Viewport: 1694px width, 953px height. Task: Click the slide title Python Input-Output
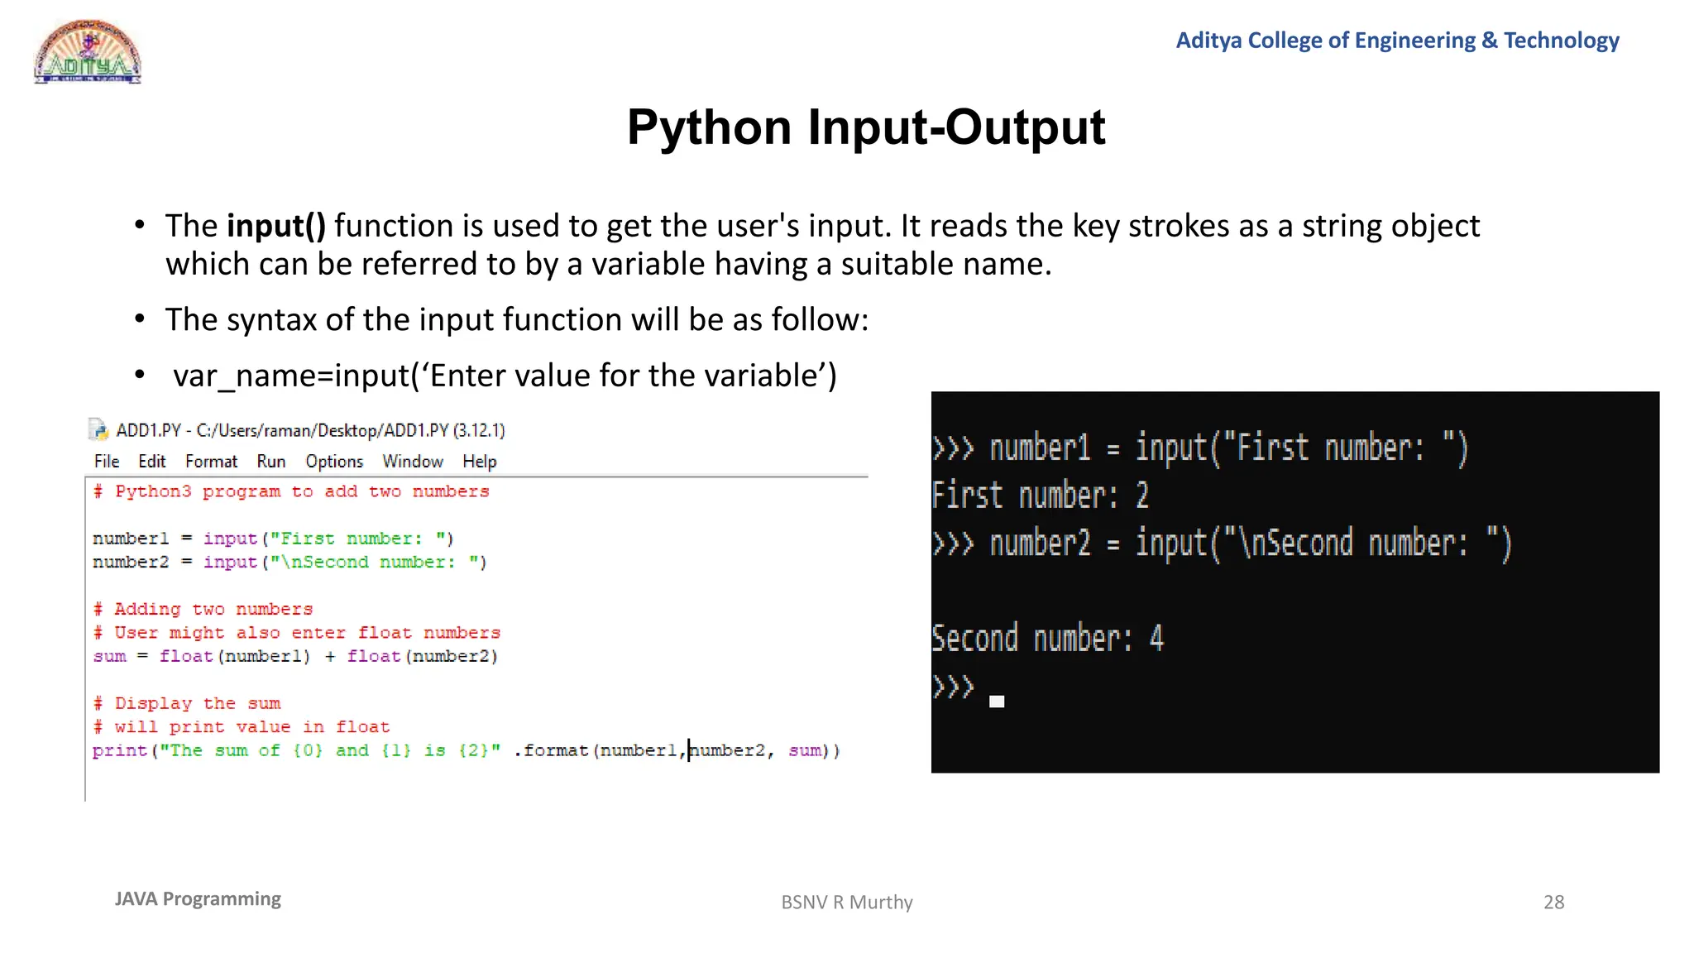(x=865, y=127)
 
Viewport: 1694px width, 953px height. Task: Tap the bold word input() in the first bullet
(x=276, y=226)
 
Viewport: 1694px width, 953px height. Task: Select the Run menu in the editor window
(x=270, y=462)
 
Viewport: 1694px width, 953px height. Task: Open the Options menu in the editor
(x=334, y=462)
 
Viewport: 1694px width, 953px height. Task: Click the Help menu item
(x=479, y=462)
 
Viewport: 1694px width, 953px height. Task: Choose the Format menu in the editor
(x=211, y=462)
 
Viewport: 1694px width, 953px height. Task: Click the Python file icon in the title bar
(x=98, y=429)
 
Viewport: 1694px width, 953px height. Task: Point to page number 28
(x=1553, y=902)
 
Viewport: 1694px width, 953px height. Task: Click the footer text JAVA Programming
(x=198, y=899)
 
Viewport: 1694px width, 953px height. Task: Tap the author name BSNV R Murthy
(x=846, y=902)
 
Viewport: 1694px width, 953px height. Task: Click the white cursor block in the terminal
(x=997, y=702)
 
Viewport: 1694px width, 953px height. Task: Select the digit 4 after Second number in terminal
(x=1156, y=639)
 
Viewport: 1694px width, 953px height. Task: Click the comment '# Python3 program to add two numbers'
(x=291, y=491)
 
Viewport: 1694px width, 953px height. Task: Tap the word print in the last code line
(x=119, y=750)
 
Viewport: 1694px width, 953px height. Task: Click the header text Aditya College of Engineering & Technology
(x=1397, y=41)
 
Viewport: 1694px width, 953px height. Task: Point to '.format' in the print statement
(x=552, y=750)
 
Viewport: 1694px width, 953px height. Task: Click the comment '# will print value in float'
(x=241, y=727)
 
